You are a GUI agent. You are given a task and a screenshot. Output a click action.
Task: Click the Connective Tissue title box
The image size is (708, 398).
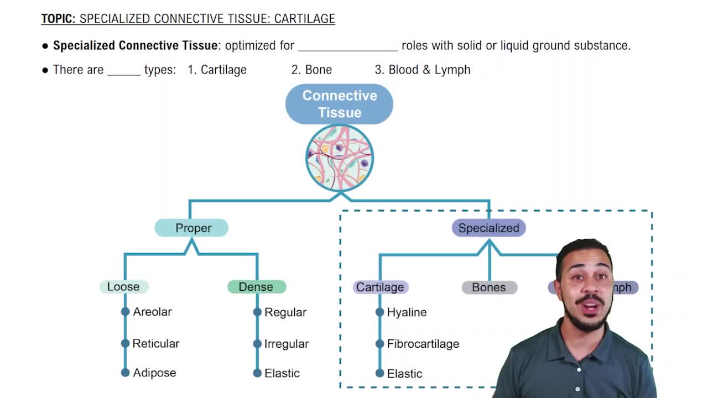pyautogui.click(x=339, y=104)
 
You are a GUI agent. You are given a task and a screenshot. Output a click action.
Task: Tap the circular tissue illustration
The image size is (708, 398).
pyautogui.click(x=340, y=158)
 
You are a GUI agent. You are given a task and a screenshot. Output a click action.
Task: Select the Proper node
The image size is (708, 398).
pyautogui.click(x=191, y=228)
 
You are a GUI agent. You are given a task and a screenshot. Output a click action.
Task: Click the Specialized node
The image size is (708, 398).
pyautogui.click(x=488, y=228)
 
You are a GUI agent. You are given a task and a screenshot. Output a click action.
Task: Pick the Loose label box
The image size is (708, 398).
pyautogui.click(x=123, y=286)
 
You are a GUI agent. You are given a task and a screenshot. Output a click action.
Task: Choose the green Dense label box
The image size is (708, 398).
pyautogui.click(x=256, y=287)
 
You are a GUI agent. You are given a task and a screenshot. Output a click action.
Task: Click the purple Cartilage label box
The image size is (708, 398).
pyautogui.click(x=380, y=287)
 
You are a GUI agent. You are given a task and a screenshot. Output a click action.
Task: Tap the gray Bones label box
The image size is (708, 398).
pyautogui.click(x=489, y=287)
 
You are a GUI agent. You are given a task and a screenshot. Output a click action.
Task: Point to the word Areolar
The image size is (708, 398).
pyautogui.click(x=152, y=312)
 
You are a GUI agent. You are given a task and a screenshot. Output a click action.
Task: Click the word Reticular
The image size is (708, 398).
pyautogui.click(x=155, y=344)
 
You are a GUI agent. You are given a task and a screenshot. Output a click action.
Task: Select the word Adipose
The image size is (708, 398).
pyautogui.click(x=154, y=373)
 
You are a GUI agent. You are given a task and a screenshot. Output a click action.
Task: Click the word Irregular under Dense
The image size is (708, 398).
pyautogui.click(x=287, y=344)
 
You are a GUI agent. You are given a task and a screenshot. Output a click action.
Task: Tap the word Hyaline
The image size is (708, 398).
pyautogui.click(x=407, y=312)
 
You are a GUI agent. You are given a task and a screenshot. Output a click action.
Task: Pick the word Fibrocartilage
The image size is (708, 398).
pyautogui.click(x=423, y=344)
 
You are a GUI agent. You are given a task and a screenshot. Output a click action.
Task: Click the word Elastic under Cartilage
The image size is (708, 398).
pyautogui.click(x=404, y=374)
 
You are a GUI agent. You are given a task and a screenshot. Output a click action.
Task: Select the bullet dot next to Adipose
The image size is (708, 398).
pyautogui.click(x=125, y=373)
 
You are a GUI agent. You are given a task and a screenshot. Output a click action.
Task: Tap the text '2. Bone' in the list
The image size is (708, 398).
pyautogui.click(x=311, y=70)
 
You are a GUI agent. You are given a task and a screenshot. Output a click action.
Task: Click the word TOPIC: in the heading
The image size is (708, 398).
pyautogui.click(x=58, y=19)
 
